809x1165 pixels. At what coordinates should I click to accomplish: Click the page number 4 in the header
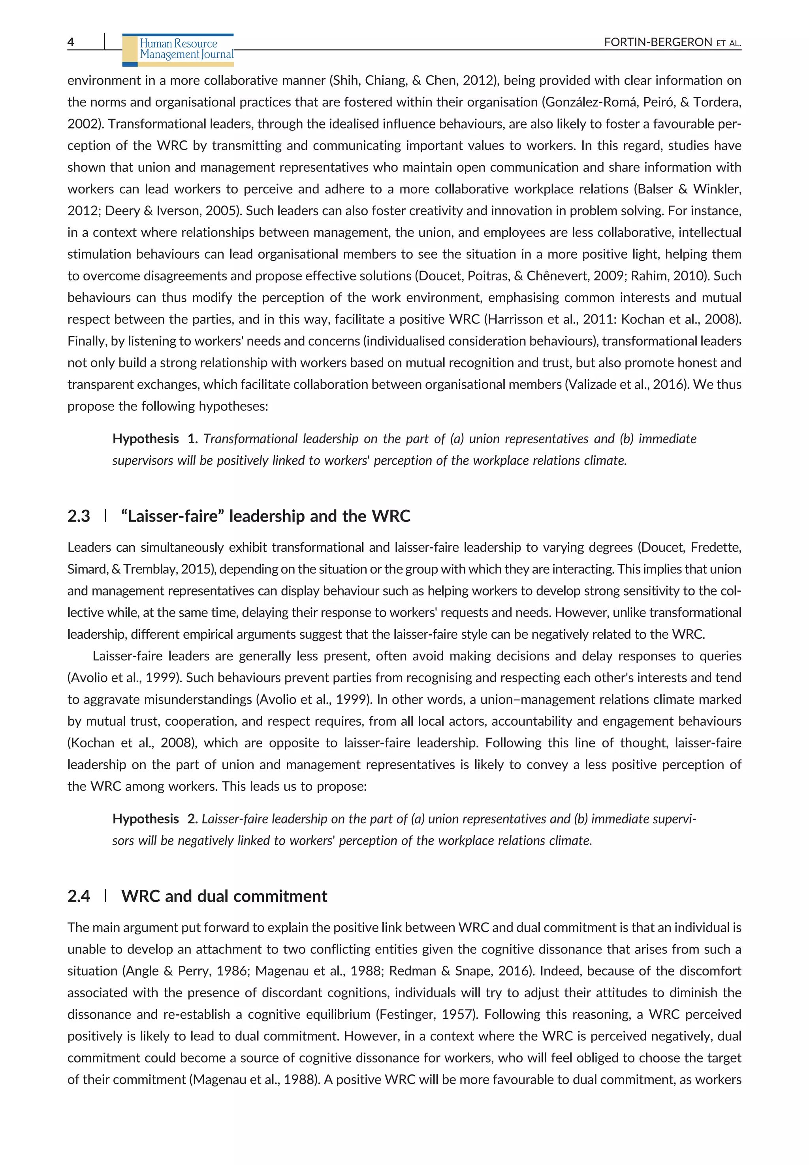70,42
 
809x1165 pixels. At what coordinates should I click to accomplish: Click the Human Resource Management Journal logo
179,50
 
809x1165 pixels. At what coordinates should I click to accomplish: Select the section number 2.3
79,516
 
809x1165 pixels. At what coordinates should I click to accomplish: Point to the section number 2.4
79,896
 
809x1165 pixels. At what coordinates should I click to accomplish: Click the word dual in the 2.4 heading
213,896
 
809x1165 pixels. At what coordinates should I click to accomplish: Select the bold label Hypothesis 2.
154,819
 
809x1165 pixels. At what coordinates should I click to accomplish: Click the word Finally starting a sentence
87,341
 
